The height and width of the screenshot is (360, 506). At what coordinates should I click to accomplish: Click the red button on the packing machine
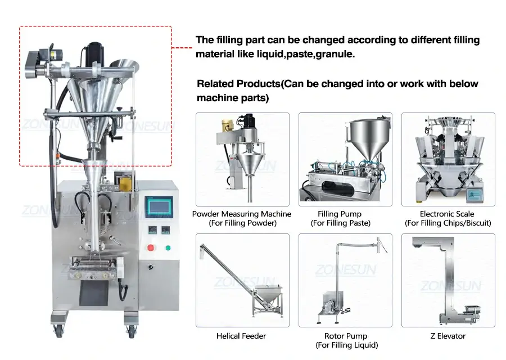pos(151,247)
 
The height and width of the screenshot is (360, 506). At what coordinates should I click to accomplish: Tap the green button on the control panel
pos(168,247)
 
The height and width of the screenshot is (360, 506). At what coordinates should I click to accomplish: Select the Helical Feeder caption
pos(241,336)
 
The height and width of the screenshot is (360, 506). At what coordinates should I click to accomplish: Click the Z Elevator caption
pos(448,336)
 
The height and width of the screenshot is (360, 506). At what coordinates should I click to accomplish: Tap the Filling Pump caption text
pos(340,214)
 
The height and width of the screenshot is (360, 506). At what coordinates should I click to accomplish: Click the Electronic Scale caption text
pos(447,214)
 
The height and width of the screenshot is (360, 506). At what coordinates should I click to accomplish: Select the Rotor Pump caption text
pos(345,336)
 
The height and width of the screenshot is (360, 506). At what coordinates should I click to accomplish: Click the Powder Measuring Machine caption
pos(242,214)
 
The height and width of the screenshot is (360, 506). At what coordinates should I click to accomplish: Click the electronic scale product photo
pos(448,159)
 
